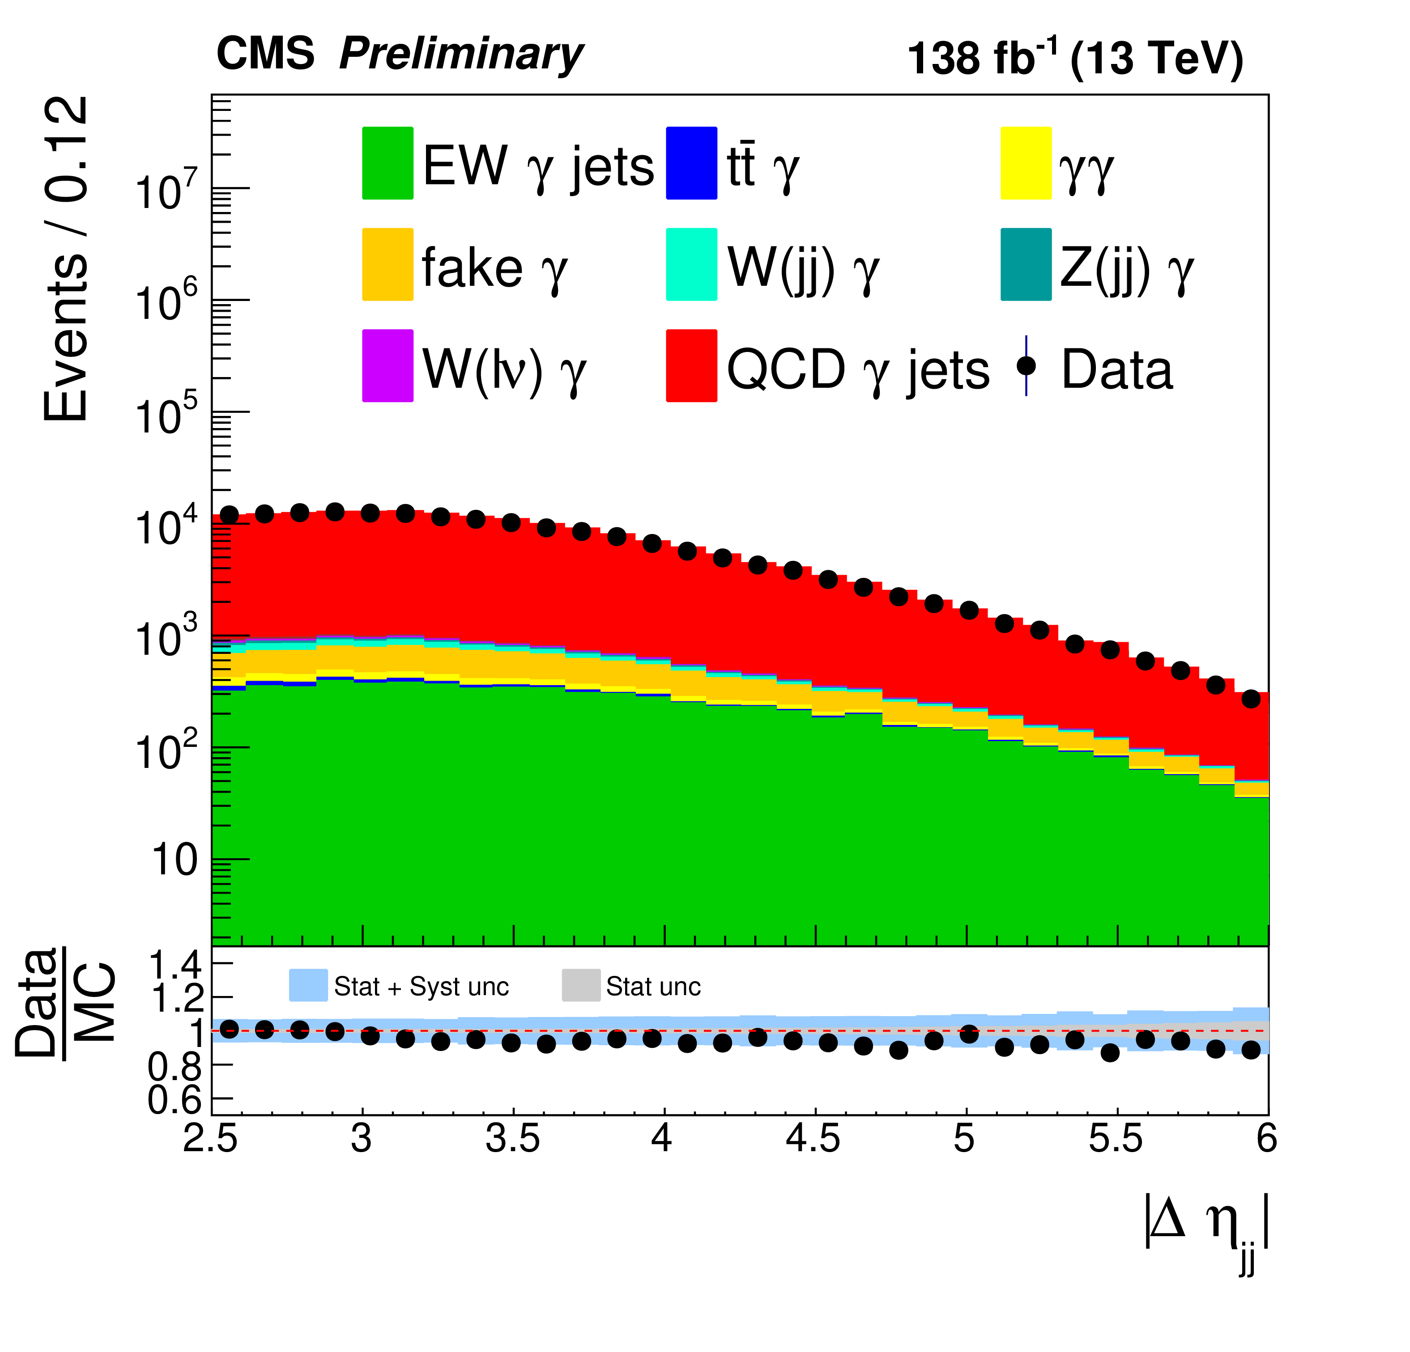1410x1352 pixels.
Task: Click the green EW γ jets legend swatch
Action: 387,163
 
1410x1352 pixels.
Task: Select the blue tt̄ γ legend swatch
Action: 691,163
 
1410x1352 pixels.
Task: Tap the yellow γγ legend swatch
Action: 1025,163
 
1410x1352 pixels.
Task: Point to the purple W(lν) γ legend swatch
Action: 387,365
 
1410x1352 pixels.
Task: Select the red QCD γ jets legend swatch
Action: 691,365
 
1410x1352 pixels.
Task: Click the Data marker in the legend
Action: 1026,365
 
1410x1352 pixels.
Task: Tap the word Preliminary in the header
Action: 460,55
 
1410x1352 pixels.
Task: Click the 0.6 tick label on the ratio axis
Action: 175,1100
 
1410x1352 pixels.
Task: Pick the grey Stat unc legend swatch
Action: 580,985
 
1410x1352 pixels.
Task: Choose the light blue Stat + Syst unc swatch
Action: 308,985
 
